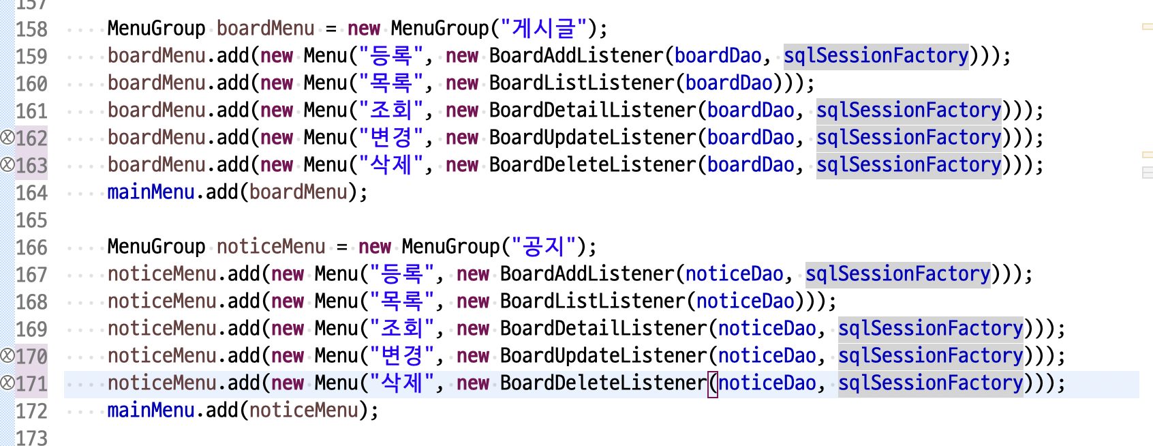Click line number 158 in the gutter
coord(31,29)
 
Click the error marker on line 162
coord(7,138)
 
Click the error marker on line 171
coord(7,383)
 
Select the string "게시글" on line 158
coord(544,29)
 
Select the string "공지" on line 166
coord(543,247)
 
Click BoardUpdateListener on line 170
coord(604,356)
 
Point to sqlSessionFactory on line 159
coord(876,56)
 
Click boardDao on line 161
coord(750,110)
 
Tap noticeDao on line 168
coord(745,301)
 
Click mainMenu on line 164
coord(151,192)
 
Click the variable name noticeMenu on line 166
coord(271,247)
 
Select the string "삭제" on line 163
coord(390,165)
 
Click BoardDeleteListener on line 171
coord(604,383)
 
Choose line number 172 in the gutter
coord(31,411)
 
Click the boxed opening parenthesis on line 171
coord(713,383)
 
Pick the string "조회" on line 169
coord(401,329)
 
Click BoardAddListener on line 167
coord(587,274)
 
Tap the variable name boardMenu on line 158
coord(265,29)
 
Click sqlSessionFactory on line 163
coord(908,165)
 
